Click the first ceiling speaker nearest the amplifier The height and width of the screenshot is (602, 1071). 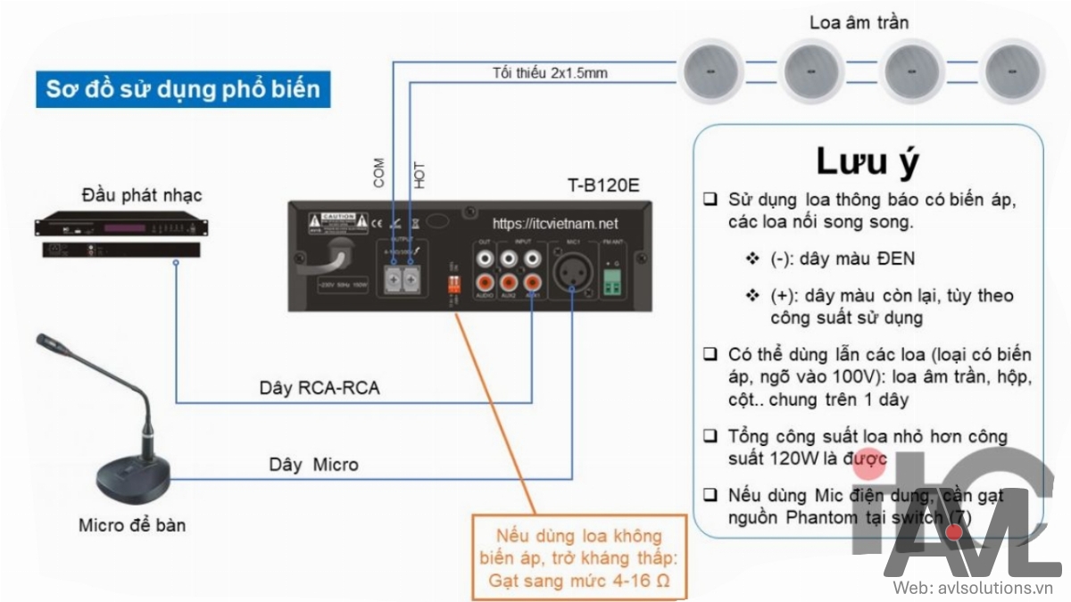[x=712, y=70]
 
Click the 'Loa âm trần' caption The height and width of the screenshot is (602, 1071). [x=859, y=22]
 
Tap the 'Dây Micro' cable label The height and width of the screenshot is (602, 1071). [x=313, y=465]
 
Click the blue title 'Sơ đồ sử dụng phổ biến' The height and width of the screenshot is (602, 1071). [x=183, y=89]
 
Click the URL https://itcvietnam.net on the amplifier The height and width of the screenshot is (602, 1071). [x=555, y=224]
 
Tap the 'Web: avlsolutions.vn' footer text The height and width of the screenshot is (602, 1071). [x=975, y=588]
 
